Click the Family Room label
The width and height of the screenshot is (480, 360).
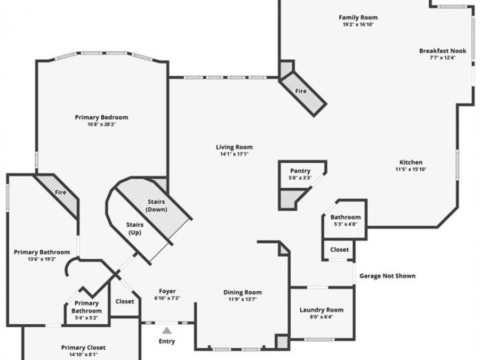tap(356, 17)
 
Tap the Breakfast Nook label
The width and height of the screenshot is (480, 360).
tap(442, 51)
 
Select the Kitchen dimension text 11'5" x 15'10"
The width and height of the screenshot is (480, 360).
tap(411, 170)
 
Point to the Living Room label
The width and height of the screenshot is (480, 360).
tap(234, 147)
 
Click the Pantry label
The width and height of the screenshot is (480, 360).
tap(300, 171)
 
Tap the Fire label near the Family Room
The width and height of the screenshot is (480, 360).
tap(301, 91)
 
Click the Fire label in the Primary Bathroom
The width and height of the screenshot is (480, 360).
tap(60, 192)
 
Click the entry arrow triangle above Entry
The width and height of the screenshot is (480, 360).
tap(167, 330)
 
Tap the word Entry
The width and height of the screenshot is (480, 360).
tap(167, 341)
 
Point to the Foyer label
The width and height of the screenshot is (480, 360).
tap(167, 291)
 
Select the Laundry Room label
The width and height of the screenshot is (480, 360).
tap(321, 310)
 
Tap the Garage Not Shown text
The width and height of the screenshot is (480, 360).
tap(387, 276)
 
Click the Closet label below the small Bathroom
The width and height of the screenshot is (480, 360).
tap(339, 249)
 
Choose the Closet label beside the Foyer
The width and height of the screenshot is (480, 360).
tap(125, 301)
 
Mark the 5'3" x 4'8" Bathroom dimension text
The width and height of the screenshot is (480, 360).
tap(345, 224)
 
